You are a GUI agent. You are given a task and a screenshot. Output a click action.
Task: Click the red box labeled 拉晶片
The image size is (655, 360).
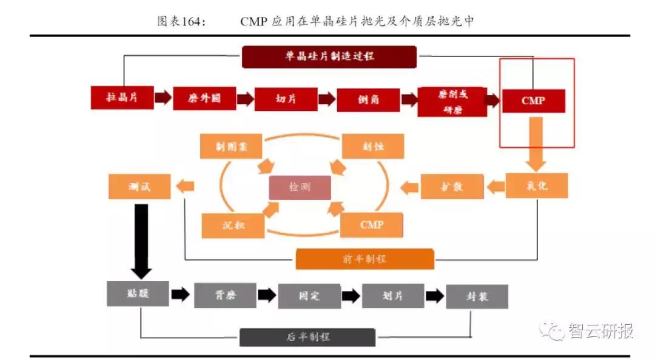pyautogui.click(x=122, y=98)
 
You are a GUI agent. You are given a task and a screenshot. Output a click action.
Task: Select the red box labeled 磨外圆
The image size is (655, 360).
pyautogui.click(x=204, y=98)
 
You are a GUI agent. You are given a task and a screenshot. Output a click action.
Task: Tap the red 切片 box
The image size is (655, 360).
pyautogui.click(x=286, y=99)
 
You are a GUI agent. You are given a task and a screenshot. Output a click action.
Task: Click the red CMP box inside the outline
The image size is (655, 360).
pyautogui.click(x=533, y=101)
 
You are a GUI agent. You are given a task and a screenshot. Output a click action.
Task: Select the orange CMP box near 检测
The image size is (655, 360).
pyautogui.click(x=372, y=225)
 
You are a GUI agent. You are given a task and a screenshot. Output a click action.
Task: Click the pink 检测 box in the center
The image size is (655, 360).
pyautogui.click(x=300, y=187)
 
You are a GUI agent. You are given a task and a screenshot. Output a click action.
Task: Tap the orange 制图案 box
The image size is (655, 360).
pyautogui.click(x=230, y=147)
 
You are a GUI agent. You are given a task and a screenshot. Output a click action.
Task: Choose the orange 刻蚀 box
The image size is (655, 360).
pyautogui.click(x=372, y=147)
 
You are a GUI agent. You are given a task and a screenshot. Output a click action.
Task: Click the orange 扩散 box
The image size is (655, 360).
pyautogui.click(x=452, y=186)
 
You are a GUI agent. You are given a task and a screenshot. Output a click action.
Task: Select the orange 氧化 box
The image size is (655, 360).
pyautogui.click(x=537, y=185)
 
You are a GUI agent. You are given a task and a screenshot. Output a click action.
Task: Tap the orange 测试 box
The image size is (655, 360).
pyautogui.click(x=139, y=187)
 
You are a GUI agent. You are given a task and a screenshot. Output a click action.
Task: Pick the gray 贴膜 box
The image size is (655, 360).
pyautogui.click(x=138, y=293)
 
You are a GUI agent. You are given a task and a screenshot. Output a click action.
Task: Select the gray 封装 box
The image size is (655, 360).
pyautogui.click(x=477, y=297)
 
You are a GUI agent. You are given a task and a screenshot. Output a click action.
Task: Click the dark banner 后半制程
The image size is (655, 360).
pyautogui.click(x=307, y=337)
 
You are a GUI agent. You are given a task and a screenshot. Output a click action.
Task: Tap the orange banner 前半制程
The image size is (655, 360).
pyautogui.click(x=365, y=259)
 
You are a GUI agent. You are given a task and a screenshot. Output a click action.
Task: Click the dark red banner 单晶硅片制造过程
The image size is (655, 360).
pyautogui.click(x=329, y=56)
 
